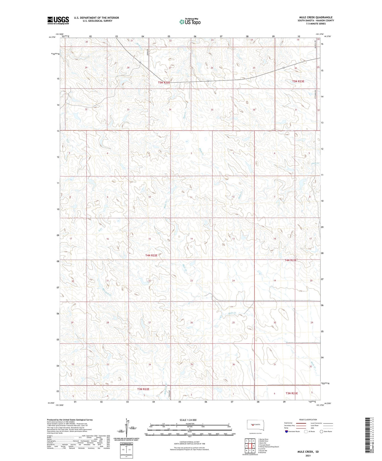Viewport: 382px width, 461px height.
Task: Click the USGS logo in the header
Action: tap(58, 20)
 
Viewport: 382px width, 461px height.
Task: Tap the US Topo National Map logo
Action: tap(190, 22)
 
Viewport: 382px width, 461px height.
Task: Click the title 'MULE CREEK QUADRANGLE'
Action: tap(316, 18)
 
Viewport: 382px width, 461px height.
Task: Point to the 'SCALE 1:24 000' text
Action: tap(188, 420)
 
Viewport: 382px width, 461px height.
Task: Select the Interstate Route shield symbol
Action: tap(286, 432)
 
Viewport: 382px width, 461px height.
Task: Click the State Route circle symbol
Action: tap(321, 432)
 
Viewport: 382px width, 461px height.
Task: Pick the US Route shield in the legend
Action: tap(306, 432)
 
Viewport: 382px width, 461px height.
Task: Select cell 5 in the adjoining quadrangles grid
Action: tap(254, 446)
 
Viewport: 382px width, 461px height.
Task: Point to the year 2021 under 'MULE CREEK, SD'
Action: tap(308, 455)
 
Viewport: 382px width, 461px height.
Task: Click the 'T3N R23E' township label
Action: tap(292, 393)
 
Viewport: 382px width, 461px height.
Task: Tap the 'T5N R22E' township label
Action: tap(164, 83)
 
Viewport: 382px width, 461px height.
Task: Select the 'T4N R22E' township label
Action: tap(151, 255)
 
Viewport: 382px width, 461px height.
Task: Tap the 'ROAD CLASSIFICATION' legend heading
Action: tap(308, 420)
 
